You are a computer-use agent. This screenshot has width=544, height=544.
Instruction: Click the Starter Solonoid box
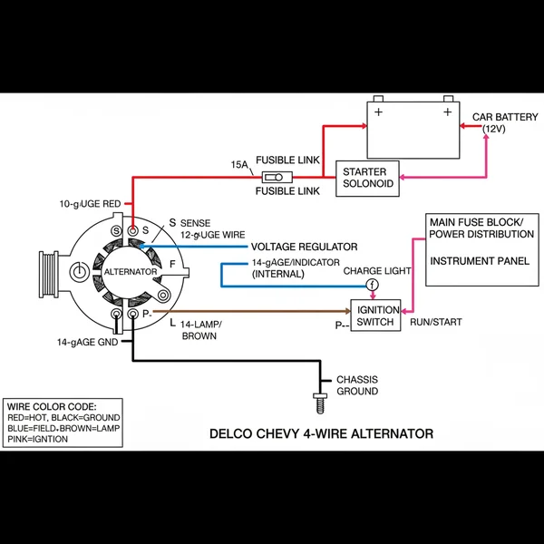[x=367, y=178]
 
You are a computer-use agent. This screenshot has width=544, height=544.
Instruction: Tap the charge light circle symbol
[x=371, y=286]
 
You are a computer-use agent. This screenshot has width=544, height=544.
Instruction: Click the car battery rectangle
[x=412, y=130]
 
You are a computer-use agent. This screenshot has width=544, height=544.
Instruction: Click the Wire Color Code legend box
[x=63, y=421]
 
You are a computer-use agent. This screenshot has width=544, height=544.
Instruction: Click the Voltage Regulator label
[x=304, y=247]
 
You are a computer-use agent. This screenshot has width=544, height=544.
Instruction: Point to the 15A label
[x=239, y=165]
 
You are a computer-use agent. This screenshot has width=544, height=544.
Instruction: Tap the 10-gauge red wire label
[x=90, y=204]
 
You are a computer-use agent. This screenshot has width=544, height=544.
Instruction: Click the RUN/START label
[x=437, y=321]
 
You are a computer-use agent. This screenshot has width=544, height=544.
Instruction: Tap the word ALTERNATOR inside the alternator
[x=131, y=271]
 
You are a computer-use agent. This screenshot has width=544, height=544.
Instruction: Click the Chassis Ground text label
[x=357, y=385]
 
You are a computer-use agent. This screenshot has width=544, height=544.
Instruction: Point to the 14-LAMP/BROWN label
[x=201, y=329]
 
